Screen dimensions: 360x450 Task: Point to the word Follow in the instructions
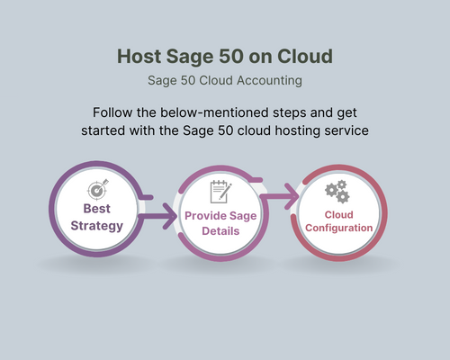[x=113, y=113]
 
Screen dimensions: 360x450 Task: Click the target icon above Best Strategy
[x=96, y=191]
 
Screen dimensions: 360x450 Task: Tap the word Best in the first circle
[x=96, y=209]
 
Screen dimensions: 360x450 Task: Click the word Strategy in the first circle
[x=96, y=225]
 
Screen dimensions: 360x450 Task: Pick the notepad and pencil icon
[x=220, y=191]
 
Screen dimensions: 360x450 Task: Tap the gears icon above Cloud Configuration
[x=337, y=191]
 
